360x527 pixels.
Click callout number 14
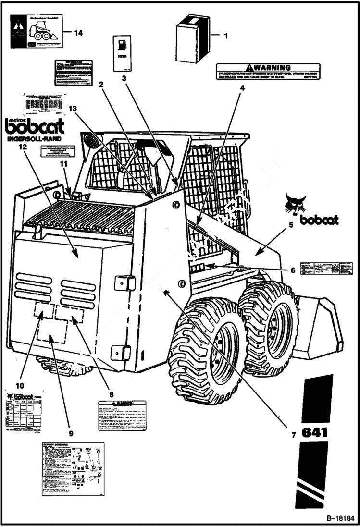point(78,33)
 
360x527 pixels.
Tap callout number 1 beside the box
point(226,35)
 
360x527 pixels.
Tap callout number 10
point(19,385)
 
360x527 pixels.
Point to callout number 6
point(293,270)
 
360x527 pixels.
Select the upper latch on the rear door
point(124,283)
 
